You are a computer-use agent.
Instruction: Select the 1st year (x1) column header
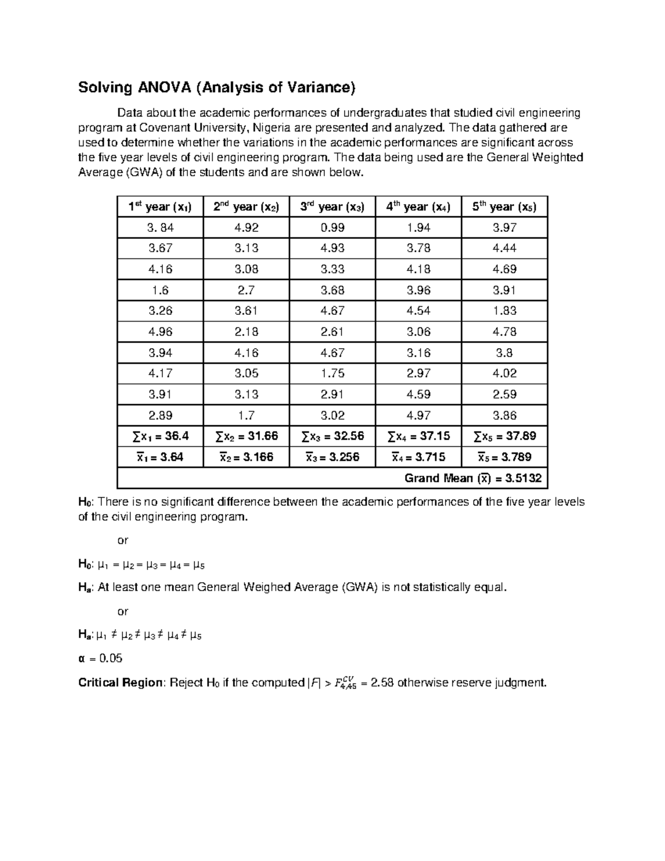point(160,207)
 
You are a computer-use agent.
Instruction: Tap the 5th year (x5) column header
point(504,207)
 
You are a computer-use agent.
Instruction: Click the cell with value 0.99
point(332,227)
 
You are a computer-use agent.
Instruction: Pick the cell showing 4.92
point(246,227)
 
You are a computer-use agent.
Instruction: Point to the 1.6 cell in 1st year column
point(160,290)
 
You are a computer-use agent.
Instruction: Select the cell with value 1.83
point(504,310)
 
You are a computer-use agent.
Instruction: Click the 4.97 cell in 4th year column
point(418,415)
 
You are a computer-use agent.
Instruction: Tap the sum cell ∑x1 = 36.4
point(160,436)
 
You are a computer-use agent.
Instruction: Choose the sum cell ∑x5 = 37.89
point(504,436)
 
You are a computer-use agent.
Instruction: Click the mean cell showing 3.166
point(246,457)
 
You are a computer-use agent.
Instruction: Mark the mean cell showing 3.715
point(418,457)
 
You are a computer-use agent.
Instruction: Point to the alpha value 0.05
point(111,659)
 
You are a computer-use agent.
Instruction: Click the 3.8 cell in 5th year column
point(504,353)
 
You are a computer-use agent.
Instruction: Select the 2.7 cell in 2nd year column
point(246,290)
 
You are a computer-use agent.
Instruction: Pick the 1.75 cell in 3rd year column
point(332,374)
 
